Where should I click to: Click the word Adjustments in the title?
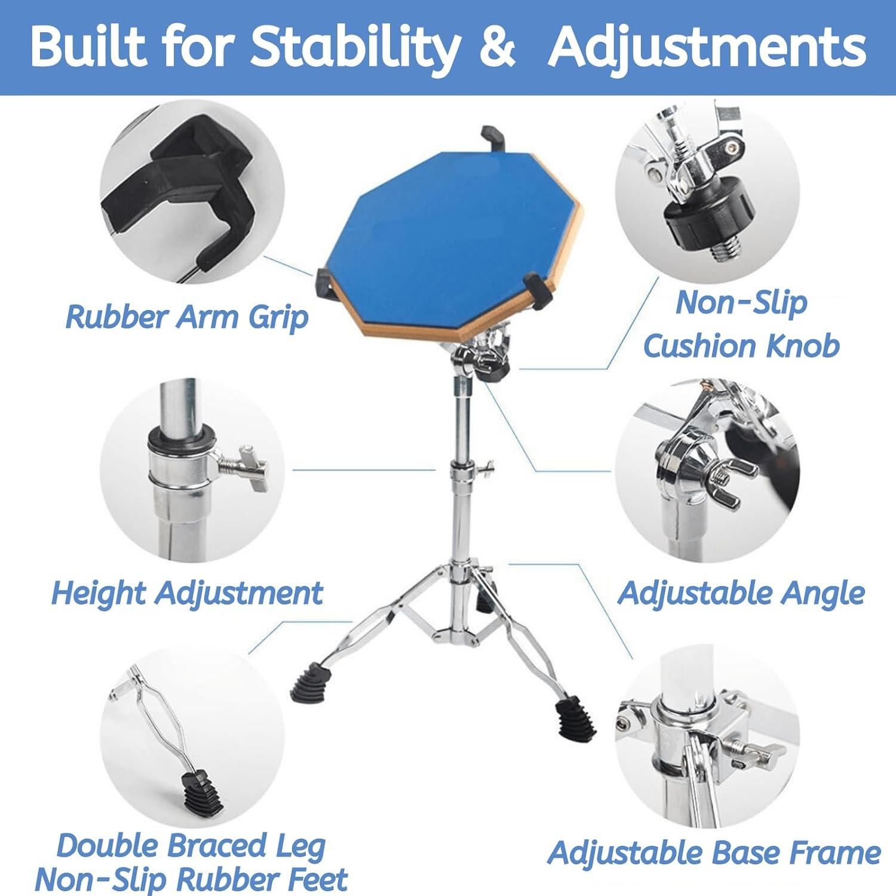tap(707, 48)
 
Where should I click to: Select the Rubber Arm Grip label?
tap(186, 317)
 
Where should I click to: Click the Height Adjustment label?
tap(186, 593)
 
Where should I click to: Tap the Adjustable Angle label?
tap(741, 593)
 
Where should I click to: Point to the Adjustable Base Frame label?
tap(714, 852)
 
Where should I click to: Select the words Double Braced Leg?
tap(191, 846)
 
